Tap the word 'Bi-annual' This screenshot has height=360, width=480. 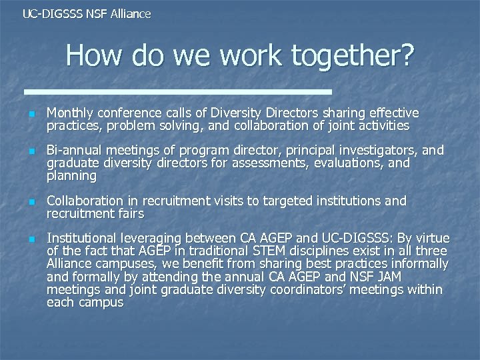73,151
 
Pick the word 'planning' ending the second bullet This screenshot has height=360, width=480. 71,176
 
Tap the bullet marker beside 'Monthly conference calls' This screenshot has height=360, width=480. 30,114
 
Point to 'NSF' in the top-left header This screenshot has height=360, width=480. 95,13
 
